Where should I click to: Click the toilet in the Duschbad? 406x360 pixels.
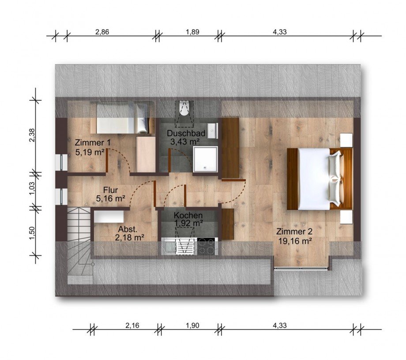pyautogui.click(x=184, y=108)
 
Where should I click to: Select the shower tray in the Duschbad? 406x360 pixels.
pyautogui.click(x=205, y=159)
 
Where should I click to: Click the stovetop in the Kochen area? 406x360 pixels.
pyautogui.click(x=207, y=246)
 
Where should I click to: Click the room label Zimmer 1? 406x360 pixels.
pyautogui.click(x=93, y=143)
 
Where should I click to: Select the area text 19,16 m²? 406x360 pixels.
pyautogui.click(x=295, y=241)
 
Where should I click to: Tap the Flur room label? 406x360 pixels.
pyautogui.click(x=111, y=190)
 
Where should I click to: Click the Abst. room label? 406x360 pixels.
pyautogui.click(x=128, y=229)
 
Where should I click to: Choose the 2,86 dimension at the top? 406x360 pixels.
pyautogui.click(x=102, y=32)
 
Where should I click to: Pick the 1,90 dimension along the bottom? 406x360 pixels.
pyautogui.click(x=192, y=325)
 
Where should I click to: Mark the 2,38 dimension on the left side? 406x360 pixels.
pyautogui.click(x=32, y=136)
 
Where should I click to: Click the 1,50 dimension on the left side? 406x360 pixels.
pyautogui.click(x=32, y=234)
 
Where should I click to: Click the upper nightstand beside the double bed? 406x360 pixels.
pyautogui.click(x=346, y=140)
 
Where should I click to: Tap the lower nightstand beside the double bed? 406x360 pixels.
pyautogui.click(x=346, y=217)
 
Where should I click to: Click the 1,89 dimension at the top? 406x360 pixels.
pyautogui.click(x=192, y=32)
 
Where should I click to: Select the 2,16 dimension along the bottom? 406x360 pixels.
pyautogui.click(x=132, y=325)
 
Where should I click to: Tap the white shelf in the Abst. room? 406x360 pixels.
pyautogui.click(x=109, y=216)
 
